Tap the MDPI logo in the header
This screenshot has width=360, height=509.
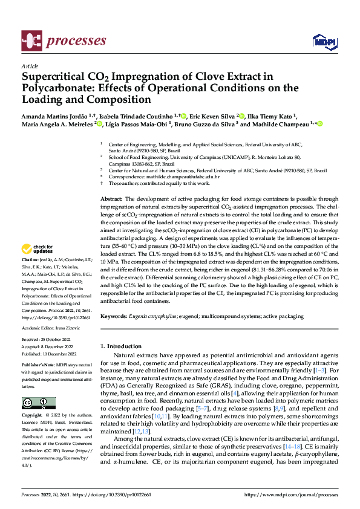[x=323, y=41]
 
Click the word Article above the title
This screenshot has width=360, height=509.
[x=29, y=66]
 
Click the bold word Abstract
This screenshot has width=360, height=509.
[x=111, y=199]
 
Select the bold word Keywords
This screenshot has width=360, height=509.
[x=114, y=316]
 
